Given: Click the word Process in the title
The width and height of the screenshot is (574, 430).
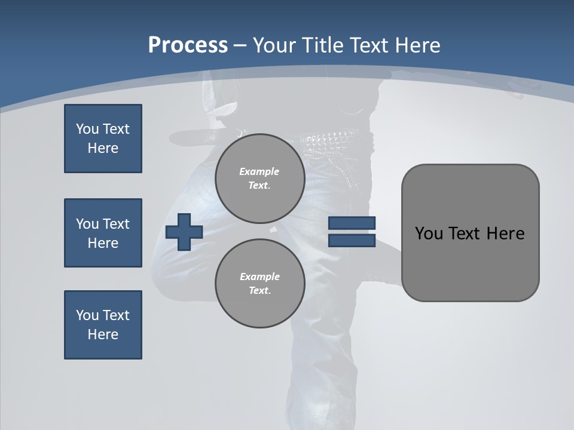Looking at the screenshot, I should click(x=188, y=45).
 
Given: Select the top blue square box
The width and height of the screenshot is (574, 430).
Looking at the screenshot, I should click(x=103, y=139).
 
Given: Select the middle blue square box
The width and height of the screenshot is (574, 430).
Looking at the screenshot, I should click(x=103, y=233).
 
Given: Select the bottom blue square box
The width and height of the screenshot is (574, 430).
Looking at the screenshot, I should click(x=103, y=325).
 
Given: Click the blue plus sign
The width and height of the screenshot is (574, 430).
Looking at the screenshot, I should click(x=184, y=232).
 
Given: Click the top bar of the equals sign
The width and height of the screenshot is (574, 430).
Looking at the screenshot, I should click(x=352, y=223).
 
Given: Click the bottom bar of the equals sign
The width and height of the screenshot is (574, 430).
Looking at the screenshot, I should click(x=352, y=241).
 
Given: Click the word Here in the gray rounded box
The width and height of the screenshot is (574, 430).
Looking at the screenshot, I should click(x=505, y=234).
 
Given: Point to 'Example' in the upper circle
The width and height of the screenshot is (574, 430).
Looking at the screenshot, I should click(x=259, y=171).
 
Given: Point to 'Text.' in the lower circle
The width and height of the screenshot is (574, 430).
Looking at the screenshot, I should click(x=259, y=290).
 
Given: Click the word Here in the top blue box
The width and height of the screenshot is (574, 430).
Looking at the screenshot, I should click(x=103, y=148).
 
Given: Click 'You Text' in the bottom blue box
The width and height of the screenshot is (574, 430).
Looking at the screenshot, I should click(x=103, y=315).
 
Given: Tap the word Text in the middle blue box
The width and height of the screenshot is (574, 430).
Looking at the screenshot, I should click(x=115, y=224).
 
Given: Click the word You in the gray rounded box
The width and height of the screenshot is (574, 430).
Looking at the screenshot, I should click(x=429, y=234).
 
